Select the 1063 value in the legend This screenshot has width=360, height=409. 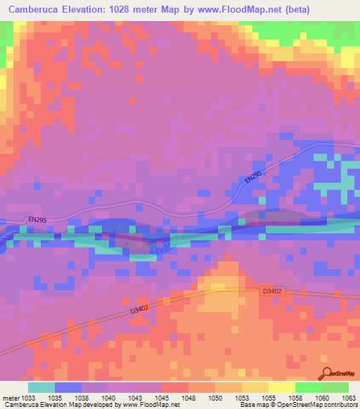click(349, 398)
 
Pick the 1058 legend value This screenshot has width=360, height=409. click(296, 398)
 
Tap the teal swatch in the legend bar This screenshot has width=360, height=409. click(41, 387)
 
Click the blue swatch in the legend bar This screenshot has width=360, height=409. click(68, 387)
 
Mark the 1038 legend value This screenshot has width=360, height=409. click(82, 398)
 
